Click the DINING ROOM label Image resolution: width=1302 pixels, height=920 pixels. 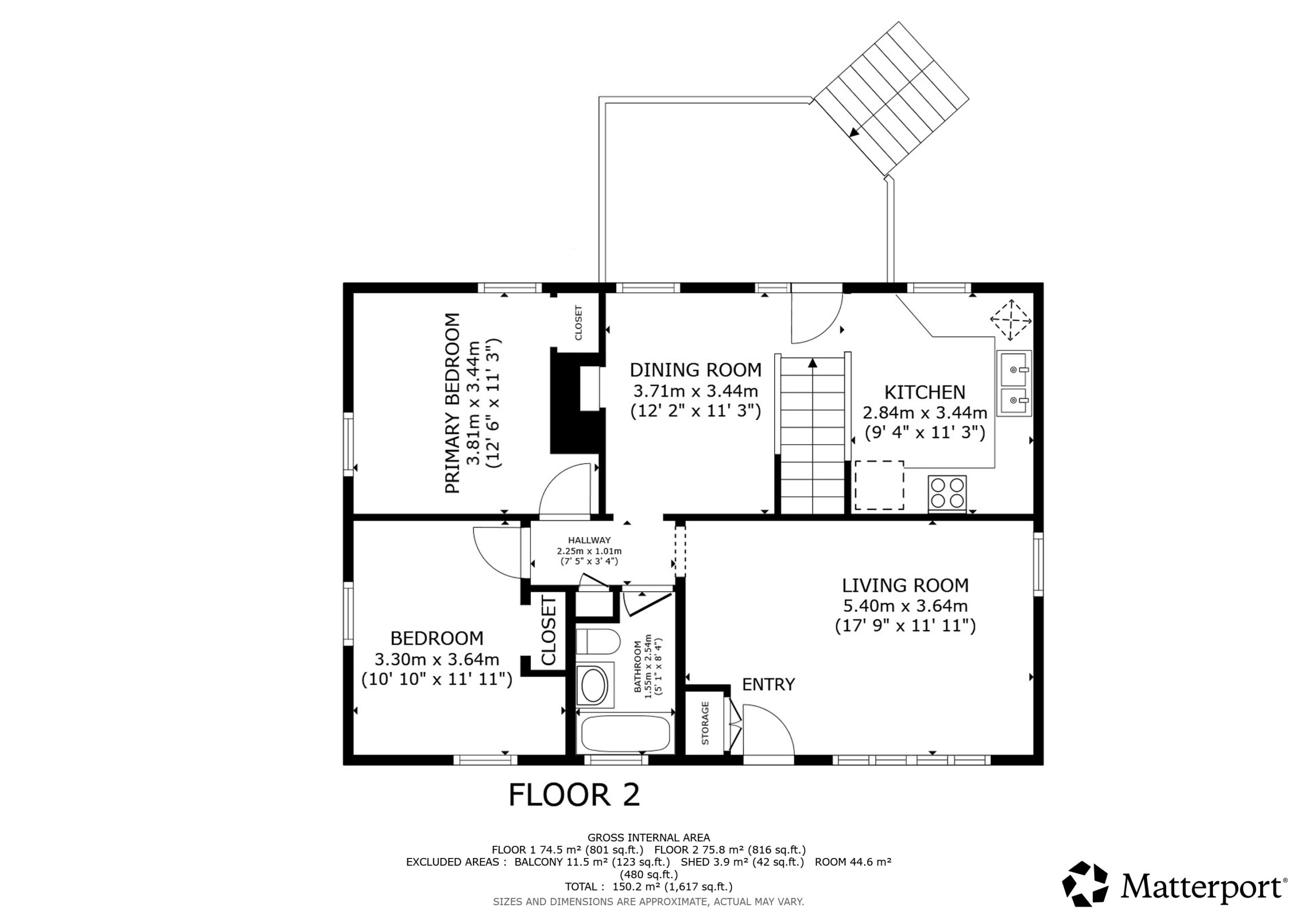695,370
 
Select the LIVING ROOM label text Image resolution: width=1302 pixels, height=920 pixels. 905,585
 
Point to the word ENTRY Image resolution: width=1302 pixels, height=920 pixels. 768,684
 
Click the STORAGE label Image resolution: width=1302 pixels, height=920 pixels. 705,723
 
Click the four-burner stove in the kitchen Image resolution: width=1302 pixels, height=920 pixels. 947,493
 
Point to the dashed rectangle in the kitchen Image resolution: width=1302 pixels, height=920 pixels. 879,485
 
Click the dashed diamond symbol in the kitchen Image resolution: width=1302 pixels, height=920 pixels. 1011,320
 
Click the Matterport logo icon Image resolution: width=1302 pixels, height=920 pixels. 1085,884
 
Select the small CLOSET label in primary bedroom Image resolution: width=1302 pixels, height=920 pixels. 578,323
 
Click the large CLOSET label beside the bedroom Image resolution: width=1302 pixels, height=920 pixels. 549,630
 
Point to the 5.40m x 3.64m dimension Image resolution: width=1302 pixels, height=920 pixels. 905,606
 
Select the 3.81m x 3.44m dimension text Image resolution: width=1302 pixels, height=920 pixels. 473,403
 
